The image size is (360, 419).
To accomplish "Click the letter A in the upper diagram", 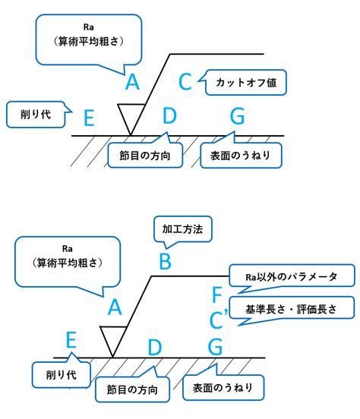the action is click(x=132, y=82).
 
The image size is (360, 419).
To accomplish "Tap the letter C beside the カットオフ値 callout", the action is click(x=185, y=82).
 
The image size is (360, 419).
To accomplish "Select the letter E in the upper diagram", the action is click(x=90, y=118).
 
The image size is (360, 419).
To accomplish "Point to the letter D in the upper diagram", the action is click(x=169, y=115).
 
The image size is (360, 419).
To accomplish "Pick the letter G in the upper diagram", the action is click(x=238, y=116).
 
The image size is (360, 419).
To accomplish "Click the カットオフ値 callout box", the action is click(x=245, y=83).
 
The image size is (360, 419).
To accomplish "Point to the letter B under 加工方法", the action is click(x=166, y=261).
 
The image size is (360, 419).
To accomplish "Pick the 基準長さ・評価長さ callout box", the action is click(x=292, y=309).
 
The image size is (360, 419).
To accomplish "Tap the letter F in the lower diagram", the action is click(x=217, y=295).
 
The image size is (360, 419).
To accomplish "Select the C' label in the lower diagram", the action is click(x=219, y=319).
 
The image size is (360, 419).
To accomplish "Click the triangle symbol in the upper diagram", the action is click(x=131, y=119).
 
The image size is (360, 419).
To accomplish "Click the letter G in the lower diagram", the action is click(x=215, y=347).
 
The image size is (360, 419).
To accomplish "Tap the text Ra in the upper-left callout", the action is click(x=89, y=27).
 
